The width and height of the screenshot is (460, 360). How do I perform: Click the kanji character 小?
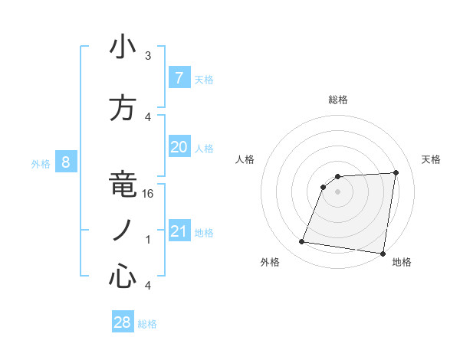coord(122,47)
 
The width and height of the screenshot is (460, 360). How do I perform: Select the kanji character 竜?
coord(122,186)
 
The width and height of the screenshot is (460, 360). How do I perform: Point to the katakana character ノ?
coord(122,231)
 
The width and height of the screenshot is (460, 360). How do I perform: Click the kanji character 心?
coord(122,277)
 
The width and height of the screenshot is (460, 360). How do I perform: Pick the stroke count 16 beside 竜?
coord(149,194)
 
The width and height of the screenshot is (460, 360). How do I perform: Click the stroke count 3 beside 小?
coord(148,56)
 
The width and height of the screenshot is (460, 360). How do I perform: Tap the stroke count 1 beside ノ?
coord(148,240)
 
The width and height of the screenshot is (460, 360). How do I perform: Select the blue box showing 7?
coord(179,77)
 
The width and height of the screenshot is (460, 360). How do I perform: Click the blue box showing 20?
coord(179,147)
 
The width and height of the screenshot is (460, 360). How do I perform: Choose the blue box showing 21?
coord(179,231)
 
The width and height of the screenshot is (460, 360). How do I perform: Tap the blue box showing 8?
coord(66,162)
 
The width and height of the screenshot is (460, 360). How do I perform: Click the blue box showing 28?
coord(123,322)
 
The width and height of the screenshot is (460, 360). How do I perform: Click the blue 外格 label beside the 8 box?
coord(41,163)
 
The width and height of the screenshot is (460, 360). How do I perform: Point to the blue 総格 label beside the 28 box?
coord(148,324)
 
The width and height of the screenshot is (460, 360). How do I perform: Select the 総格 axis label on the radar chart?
coord(338,100)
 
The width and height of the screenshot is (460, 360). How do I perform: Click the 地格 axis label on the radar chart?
coord(402,263)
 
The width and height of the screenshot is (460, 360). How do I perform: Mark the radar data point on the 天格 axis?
coord(396,172)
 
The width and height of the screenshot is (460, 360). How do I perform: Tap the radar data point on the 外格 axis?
coord(302,242)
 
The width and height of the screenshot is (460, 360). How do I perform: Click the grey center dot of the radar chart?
coord(338,191)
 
